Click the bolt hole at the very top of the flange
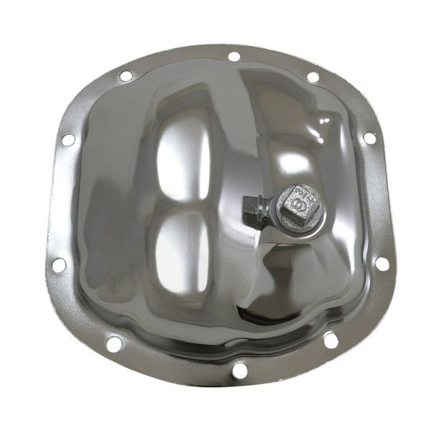pyautogui.click(x=233, y=56)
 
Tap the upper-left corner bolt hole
pyautogui.click(x=126, y=75)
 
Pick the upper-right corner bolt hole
pyautogui.click(x=312, y=77)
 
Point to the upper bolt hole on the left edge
pyautogui.click(x=68, y=139)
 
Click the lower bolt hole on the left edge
pyautogui.click(x=59, y=264)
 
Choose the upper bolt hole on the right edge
pyautogui.click(x=369, y=137)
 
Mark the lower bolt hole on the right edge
pyautogui.click(x=382, y=263)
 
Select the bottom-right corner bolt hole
pyautogui.click(x=330, y=338)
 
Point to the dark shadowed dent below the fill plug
pyautogui.click(x=280, y=287)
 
